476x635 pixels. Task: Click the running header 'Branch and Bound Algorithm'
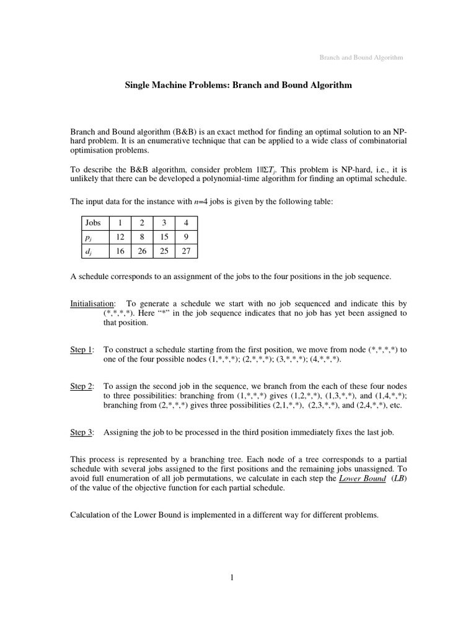[361, 58]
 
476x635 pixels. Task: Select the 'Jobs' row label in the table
[93, 222]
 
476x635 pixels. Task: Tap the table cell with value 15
[164, 236]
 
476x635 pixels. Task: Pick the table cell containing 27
[187, 251]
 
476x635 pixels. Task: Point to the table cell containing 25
[164, 251]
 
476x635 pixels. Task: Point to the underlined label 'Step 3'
[81, 433]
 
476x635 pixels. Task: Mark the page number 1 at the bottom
[232, 579]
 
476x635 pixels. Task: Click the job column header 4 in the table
[187, 222]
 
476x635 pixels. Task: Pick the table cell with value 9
[187, 236]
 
